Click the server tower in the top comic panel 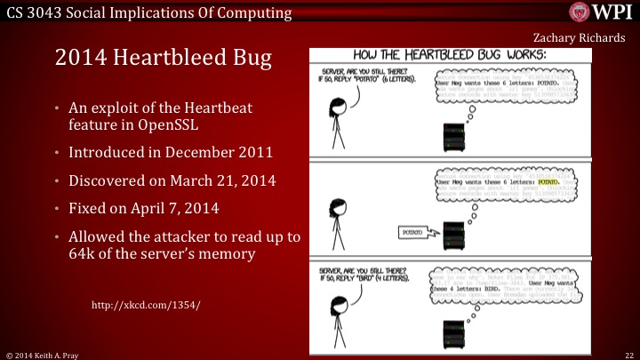pyautogui.click(x=452, y=138)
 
